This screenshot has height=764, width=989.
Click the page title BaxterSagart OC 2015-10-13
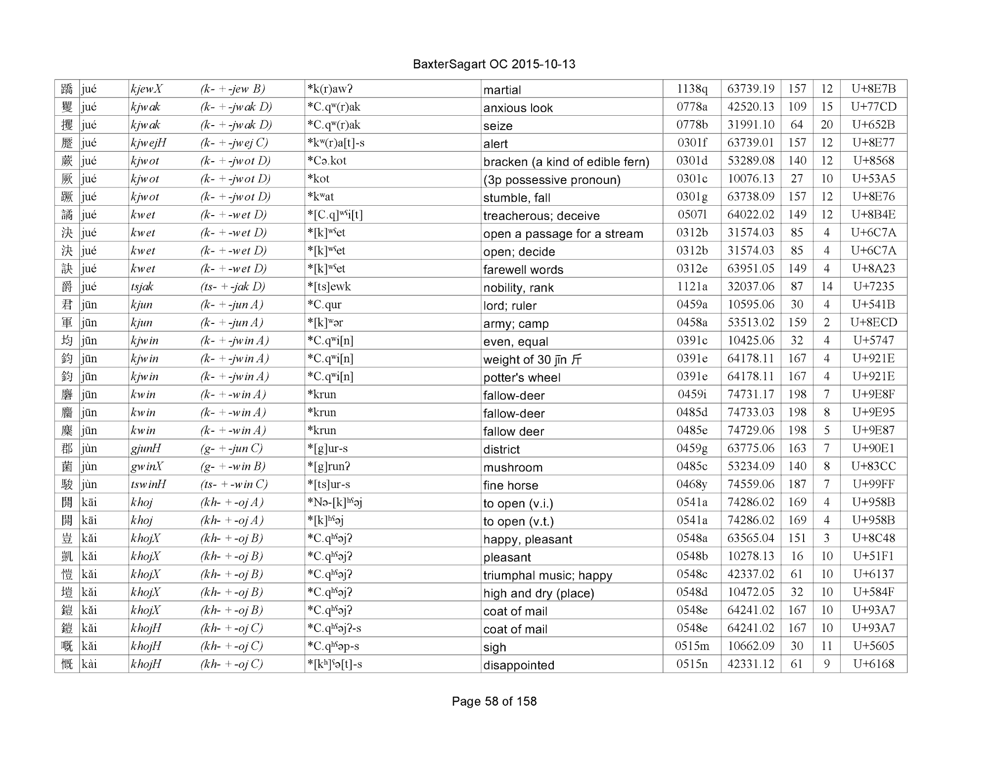[x=494, y=64]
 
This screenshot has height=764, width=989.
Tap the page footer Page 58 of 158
[x=494, y=701]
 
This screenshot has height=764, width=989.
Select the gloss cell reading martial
[x=502, y=90]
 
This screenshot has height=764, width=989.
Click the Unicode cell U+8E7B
[x=873, y=89]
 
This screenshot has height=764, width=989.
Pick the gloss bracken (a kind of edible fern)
[x=566, y=162]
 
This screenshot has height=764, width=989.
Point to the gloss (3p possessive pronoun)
[x=551, y=180]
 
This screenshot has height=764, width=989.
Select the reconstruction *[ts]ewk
[x=329, y=287]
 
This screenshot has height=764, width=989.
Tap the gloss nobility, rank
[x=518, y=288]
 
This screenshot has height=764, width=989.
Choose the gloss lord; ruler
[x=509, y=306]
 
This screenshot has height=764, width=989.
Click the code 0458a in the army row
[x=691, y=323]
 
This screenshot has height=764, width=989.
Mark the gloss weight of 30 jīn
[x=532, y=360]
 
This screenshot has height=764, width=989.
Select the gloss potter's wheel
[x=522, y=378]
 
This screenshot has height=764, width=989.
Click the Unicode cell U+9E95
[x=873, y=412]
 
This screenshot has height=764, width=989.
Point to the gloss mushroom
[x=513, y=467]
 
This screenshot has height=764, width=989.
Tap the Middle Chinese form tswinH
[x=148, y=485]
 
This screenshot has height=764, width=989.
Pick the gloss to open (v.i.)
[x=518, y=503]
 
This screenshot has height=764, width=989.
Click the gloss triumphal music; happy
[x=547, y=575]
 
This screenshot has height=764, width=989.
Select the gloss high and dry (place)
[x=539, y=593]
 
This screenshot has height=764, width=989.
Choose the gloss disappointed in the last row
[x=518, y=665]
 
